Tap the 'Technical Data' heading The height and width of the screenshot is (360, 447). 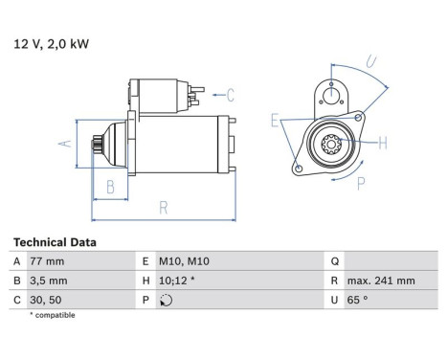[55, 243]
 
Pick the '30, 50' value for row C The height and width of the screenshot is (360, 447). [49, 300]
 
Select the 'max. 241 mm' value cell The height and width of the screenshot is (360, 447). [382, 281]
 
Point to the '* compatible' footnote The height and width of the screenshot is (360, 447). [52, 315]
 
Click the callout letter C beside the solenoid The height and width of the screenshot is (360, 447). [231, 94]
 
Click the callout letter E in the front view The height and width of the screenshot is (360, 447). [275, 121]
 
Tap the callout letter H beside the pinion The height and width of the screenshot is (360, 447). [382, 144]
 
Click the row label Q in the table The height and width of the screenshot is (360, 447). [332, 261]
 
